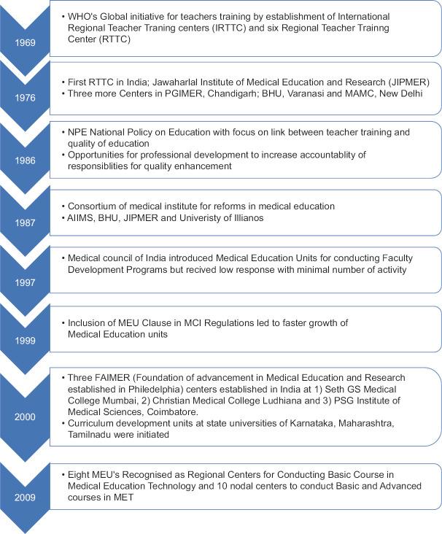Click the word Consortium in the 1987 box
(x=93, y=206)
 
